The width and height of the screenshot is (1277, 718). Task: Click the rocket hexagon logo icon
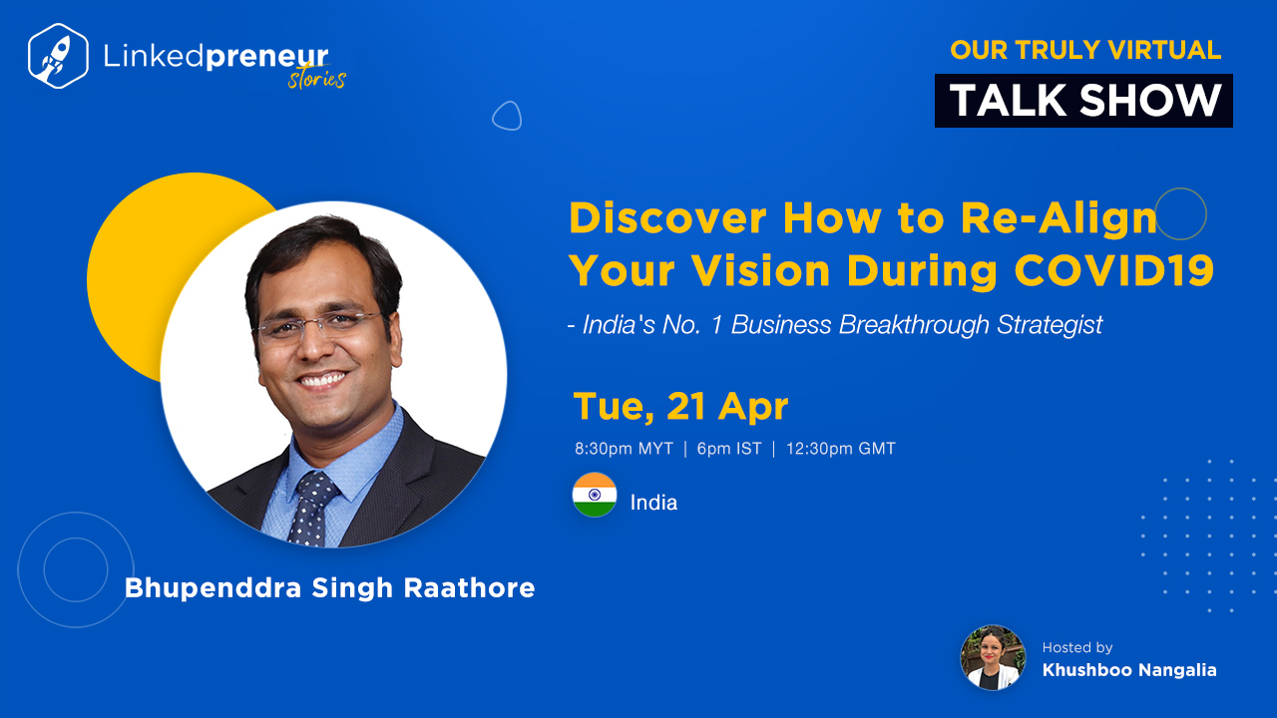(x=58, y=56)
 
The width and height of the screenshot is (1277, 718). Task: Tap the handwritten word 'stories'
(x=317, y=79)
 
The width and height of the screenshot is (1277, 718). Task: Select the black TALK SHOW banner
(x=1083, y=101)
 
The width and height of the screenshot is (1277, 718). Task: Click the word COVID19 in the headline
(x=1114, y=270)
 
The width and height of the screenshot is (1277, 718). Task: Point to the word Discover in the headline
(x=667, y=217)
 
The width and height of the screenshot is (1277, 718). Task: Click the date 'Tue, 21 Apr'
(x=680, y=406)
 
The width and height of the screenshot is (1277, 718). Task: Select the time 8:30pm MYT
(x=624, y=449)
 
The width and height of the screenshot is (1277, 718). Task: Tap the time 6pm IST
(x=729, y=449)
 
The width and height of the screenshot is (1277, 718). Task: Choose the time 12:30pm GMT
(x=841, y=449)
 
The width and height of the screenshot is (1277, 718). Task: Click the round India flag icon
(x=595, y=495)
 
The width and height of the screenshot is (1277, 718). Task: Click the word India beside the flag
(x=653, y=503)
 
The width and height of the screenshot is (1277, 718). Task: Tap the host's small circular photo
(x=993, y=657)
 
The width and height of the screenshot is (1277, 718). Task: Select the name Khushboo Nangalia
(x=1129, y=670)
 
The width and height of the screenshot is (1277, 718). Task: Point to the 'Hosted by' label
(x=1077, y=647)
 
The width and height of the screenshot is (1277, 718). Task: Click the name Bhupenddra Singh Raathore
(x=329, y=588)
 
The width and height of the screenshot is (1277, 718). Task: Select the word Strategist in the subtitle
(x=1050, y=325)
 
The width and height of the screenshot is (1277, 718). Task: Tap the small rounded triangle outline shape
(x=507, y=116)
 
